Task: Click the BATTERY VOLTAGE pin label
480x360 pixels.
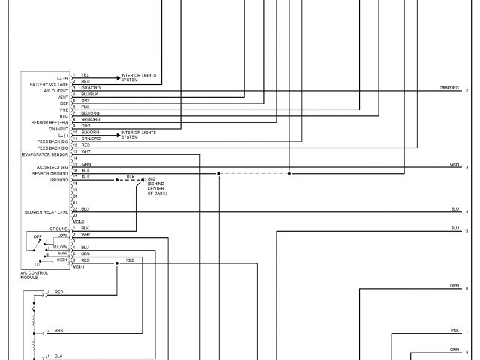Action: [48, 84]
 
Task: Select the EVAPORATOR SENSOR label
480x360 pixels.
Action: [46, 154]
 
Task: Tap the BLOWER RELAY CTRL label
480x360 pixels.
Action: [46, 212]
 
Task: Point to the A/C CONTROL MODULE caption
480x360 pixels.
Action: [34, 274]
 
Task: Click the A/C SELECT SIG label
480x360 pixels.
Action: [52, 166]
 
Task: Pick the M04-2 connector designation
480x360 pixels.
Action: [79, 222]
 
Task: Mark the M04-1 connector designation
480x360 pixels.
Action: [79, 266]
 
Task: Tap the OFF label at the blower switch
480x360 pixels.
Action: [37, 235]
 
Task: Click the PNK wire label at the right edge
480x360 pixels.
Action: [454, 330]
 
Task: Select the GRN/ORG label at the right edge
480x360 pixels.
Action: [449, 88]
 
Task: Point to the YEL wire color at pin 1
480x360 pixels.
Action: [85, 75]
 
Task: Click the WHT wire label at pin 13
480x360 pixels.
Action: [85, 151]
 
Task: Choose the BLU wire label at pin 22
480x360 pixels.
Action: [85, 208]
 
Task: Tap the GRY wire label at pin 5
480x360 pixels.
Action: [85, 100]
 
